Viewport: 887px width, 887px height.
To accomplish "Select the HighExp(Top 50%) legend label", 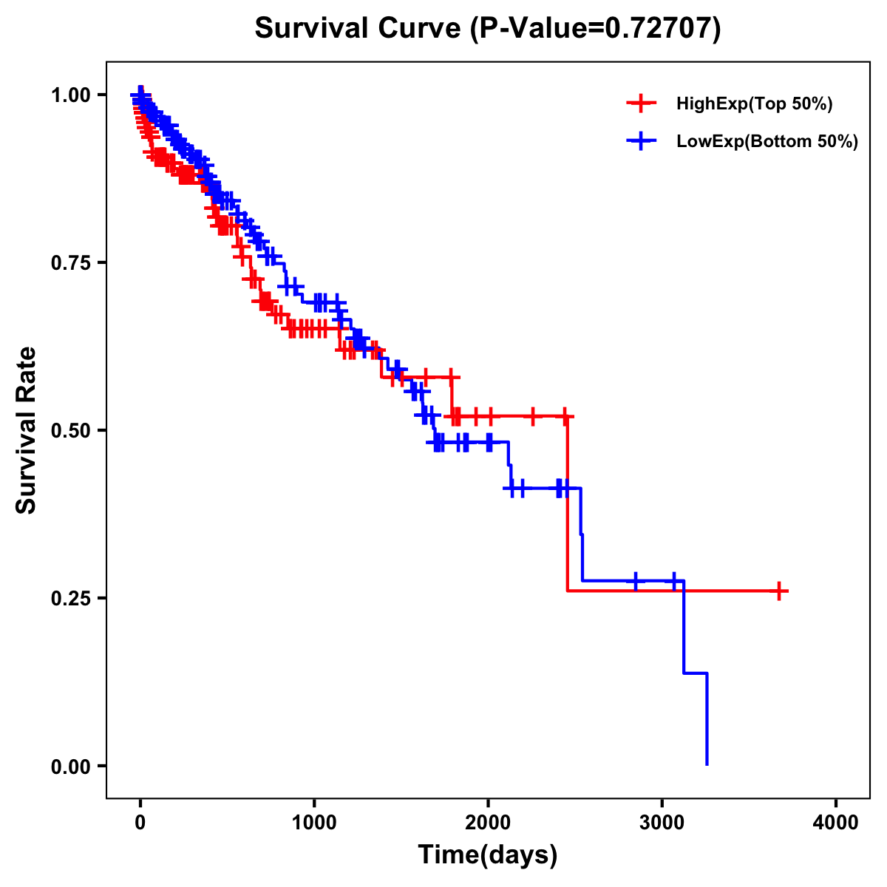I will point(754,103).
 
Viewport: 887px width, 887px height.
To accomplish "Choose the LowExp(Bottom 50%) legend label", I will point(767,141).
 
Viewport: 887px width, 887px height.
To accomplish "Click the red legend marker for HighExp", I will point(641,103).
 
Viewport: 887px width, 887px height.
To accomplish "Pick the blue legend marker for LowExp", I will point(641,141).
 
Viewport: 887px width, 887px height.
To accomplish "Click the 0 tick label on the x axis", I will point(140,823).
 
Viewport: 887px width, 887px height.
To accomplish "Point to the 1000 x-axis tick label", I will point(314,823).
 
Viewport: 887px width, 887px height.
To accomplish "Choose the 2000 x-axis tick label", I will point(488,823).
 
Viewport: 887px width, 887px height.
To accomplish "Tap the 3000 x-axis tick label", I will point(662,823).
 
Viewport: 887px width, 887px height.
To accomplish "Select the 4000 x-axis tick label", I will point(836,823).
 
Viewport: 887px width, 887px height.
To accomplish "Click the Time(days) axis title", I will point(488,855).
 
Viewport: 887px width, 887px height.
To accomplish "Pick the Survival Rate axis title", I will point(27,430).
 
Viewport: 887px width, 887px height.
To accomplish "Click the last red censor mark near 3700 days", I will point(779,591).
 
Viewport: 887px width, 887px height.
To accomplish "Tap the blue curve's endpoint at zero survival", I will point(707,764).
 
